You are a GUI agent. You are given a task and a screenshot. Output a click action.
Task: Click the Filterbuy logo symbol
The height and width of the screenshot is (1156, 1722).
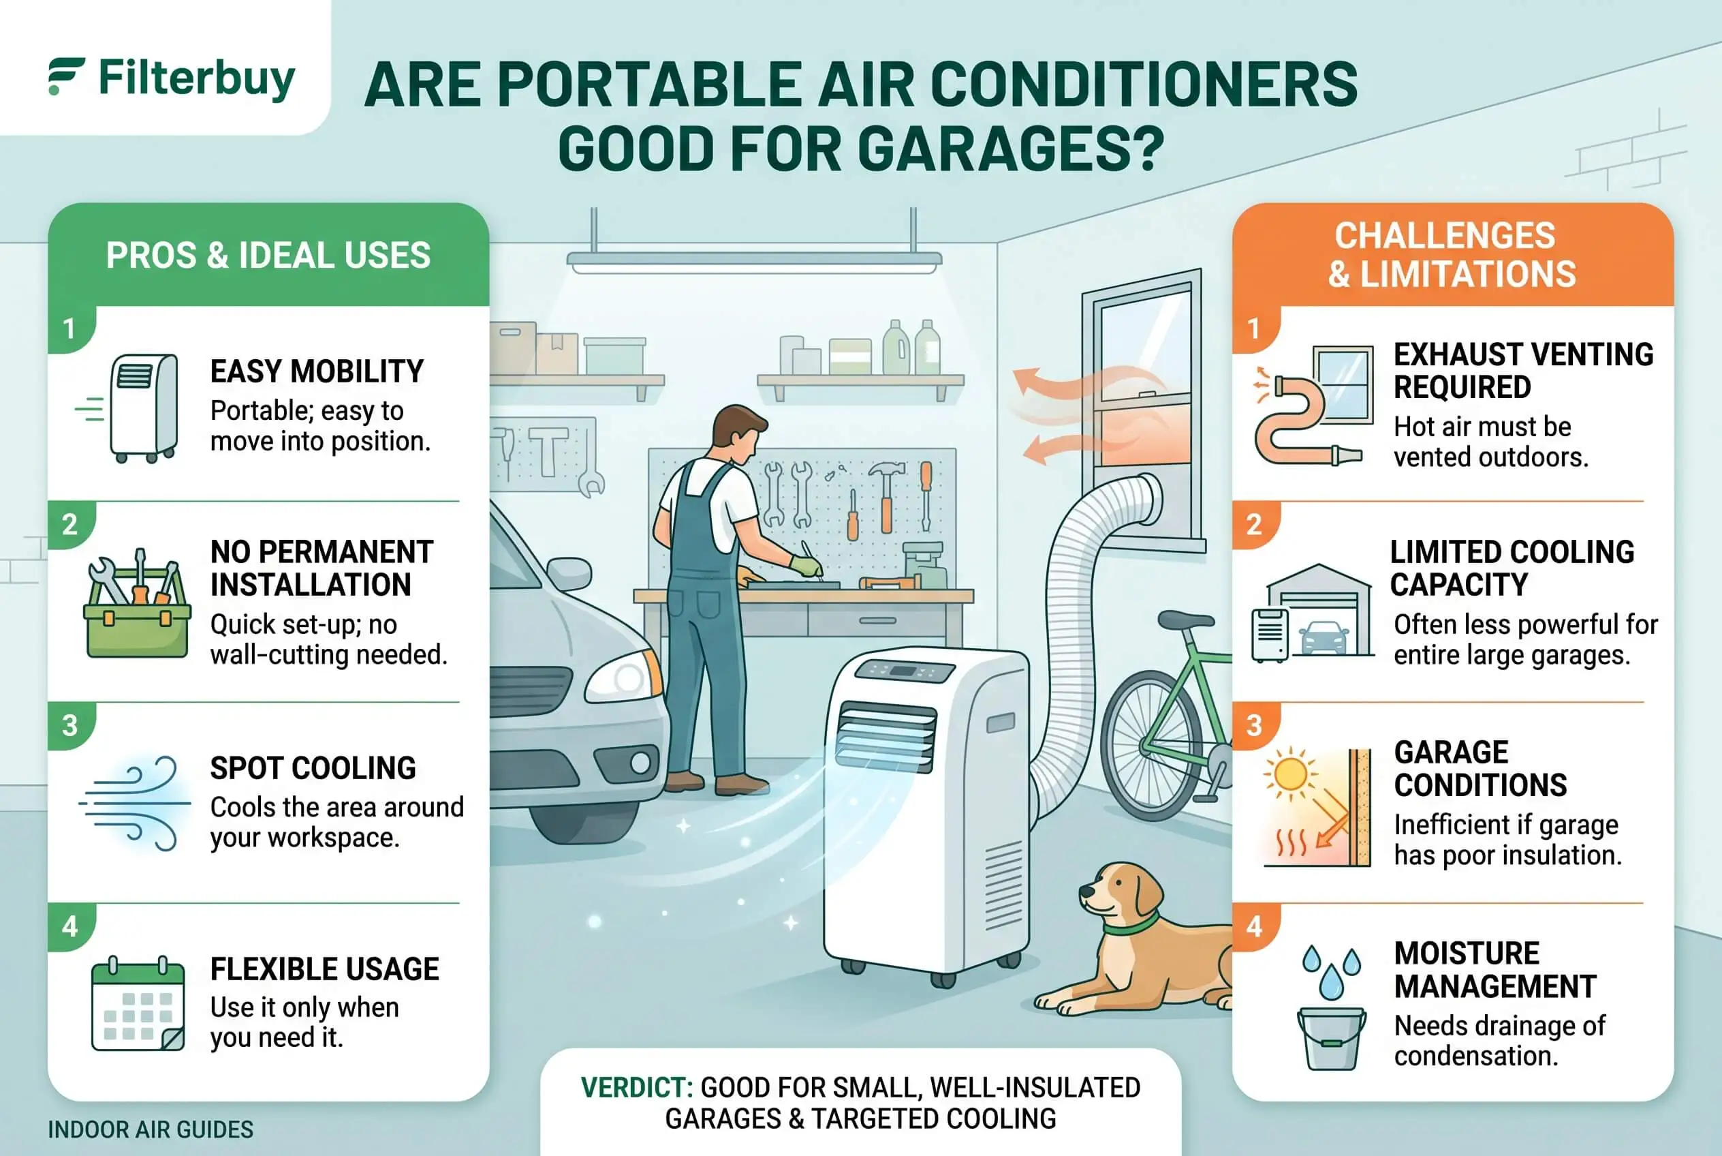click(x=66, y=76)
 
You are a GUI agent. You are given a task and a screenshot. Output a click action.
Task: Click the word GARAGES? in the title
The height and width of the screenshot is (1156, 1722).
click(x=1011, y=149)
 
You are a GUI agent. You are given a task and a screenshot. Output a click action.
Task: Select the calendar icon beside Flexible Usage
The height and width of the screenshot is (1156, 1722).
click(x=138, y=1003)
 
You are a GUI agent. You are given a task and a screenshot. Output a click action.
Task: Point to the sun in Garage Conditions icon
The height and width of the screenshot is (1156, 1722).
click(x=1289, y=774)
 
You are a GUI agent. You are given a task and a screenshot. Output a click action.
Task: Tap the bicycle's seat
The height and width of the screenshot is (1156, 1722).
click(x=1186, y=620)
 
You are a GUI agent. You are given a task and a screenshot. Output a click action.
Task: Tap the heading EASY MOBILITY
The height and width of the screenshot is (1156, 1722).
click(x=317, y=371)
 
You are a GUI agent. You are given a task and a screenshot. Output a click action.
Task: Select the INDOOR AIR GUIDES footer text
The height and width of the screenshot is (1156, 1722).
click(x=151, y=1129)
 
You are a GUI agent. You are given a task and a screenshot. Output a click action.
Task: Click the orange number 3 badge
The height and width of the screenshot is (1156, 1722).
click(x=1254, y=725)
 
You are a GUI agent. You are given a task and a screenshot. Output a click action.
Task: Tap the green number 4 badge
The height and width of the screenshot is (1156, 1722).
click(x=70, y=926)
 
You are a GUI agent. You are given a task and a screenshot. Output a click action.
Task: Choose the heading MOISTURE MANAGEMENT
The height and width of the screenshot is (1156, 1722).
click(x=1495, y=969)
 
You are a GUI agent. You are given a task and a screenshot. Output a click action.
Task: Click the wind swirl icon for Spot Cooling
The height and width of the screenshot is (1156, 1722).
click(x=135, y=803)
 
